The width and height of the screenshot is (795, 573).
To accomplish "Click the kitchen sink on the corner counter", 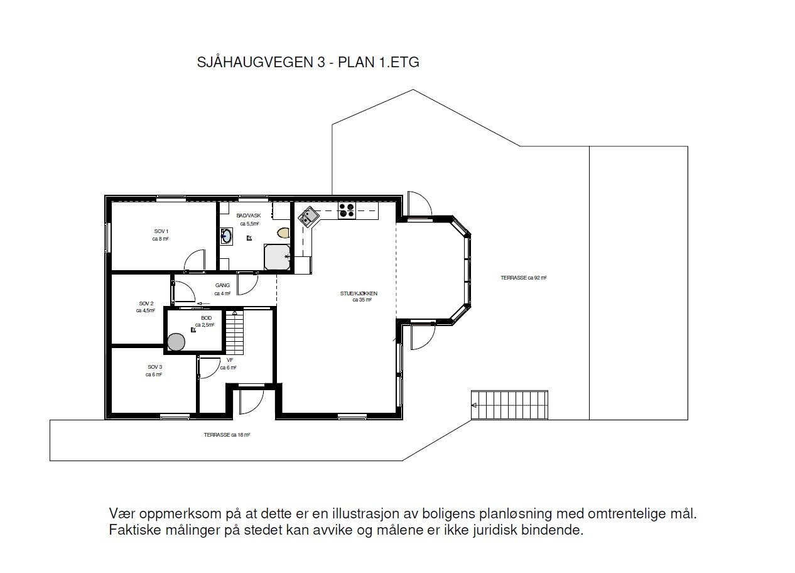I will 308,217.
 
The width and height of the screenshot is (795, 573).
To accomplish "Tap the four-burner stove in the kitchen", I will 346,210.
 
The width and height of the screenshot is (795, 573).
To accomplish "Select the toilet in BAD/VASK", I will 283,232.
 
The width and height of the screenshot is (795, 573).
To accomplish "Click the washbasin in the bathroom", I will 226,236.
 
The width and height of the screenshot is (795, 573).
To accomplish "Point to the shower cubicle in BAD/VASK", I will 277,256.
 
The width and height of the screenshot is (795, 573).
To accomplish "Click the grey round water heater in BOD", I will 176,342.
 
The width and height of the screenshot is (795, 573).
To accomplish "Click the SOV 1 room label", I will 161,231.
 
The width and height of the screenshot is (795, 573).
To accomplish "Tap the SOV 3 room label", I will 154,367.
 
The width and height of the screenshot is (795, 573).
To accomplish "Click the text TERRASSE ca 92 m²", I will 522,277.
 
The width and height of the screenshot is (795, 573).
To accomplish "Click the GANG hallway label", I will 222,285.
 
